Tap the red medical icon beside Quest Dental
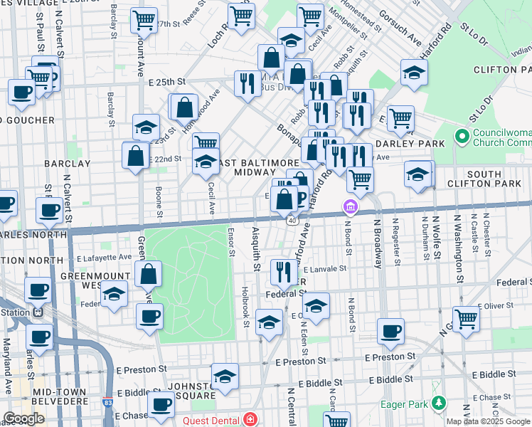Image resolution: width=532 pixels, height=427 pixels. [250, 420]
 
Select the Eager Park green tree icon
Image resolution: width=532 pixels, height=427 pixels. [440, 405]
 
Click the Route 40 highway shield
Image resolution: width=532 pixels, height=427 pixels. [292, 221]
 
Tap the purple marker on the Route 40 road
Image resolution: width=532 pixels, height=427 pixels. [350, 208]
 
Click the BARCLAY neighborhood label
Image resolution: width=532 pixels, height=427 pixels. [68, 163]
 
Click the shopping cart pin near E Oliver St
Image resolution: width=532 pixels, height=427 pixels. [466, 318]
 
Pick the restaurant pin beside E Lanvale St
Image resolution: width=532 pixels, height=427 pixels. [284, 271]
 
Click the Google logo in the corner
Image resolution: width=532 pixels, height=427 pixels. [24, 418]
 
